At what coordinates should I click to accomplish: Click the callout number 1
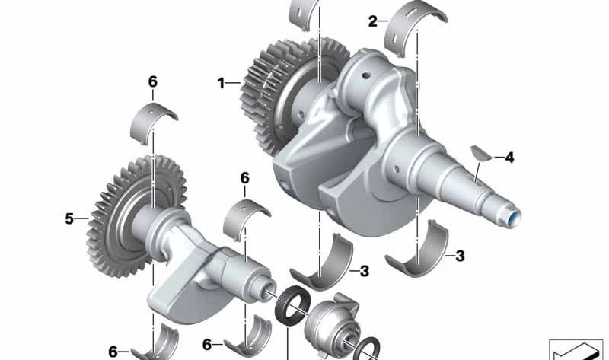[x=221, y=83]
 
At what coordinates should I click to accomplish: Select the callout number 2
[x=373, y=21]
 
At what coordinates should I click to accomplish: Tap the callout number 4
[x=509, y=158]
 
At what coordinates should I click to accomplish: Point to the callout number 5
[x=69, y=219]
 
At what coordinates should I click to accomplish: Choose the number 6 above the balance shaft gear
[x=152, y=81]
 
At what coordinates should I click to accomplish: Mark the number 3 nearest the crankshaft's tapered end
[x=460, y=256]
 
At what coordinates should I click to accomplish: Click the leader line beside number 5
[x=83, y=219]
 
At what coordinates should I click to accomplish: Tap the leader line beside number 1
[x=234, y=82]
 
